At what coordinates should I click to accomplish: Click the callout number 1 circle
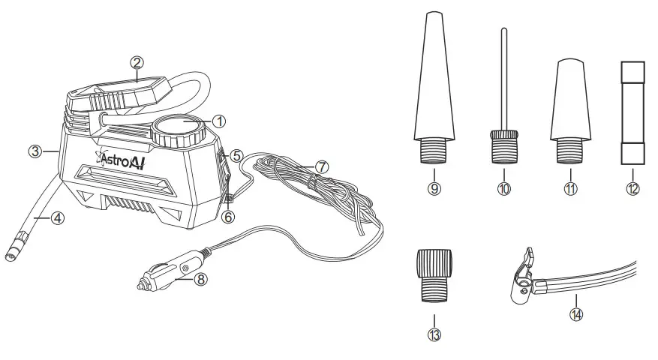pos(218,120)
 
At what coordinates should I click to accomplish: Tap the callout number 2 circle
pos(136,62)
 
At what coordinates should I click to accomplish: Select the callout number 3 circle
pos(34,151)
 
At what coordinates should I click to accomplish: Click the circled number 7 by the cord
pos(321,166)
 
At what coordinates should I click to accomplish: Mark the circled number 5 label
pos(236,156)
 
